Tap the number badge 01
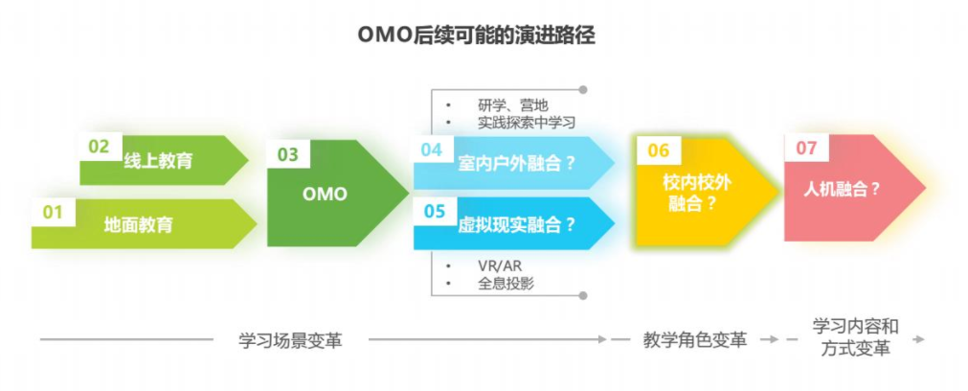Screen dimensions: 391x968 point(52,212)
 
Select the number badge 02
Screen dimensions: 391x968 point(99,147)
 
